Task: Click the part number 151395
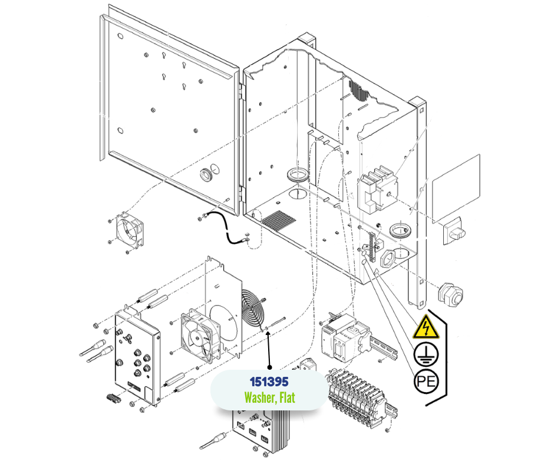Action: tap(269, 382)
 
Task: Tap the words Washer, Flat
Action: tap(269, 397)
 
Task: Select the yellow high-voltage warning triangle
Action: tap(426, 327)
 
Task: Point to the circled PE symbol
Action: tap(426, 382)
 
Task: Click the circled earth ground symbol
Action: tap(426, 354)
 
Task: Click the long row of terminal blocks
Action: tap(362, 398)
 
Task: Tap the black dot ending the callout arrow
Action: tap(269, 367)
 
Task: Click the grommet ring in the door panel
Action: tap(206, 174)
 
